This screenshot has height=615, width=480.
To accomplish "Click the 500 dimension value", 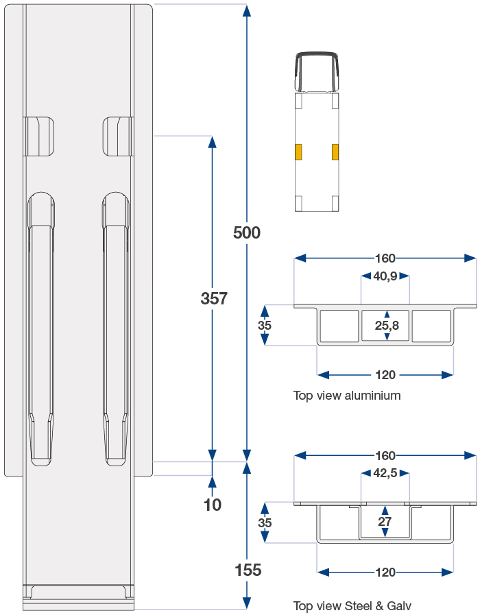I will tap(247, 233).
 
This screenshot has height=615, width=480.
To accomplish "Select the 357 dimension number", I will tap(213, 298).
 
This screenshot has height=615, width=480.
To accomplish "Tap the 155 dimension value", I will tap(248, 570).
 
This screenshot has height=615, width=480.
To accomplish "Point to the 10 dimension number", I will tap(213, 505).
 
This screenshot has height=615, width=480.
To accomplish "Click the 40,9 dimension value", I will tap(385, 276).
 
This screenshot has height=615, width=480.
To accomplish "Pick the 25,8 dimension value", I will tap(387, 326).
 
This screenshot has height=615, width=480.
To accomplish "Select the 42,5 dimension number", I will tap(385, 473).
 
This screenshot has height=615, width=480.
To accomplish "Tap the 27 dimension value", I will tap(385, 522).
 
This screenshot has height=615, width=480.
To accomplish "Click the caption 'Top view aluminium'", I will tap(347, 396).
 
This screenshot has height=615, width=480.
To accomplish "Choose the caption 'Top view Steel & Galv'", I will tap(352, 605).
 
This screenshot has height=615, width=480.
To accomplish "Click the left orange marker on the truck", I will tap(298, 152).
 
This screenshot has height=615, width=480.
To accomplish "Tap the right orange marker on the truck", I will tap(335, 152).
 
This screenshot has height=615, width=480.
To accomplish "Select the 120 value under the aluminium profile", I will tap(385, 375).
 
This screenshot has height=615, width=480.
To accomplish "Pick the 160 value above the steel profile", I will tap(385, 456).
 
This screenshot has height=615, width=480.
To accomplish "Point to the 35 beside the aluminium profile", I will tap(265, 326).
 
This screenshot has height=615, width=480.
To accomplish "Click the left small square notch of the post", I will tap(39, 136).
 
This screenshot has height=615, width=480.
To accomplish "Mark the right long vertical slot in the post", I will tap(115, 329).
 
